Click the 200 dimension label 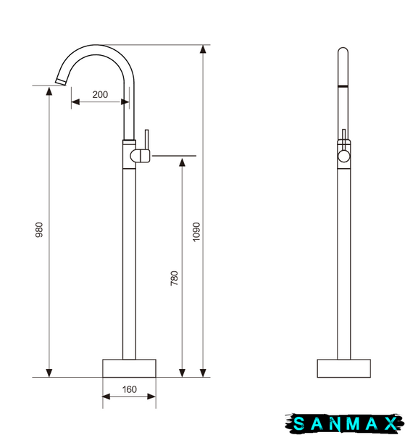point(100,94)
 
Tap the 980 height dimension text point(39,230)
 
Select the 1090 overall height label point(196,232)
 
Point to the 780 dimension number point(175,278)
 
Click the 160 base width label point(130,389)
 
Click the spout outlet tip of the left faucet point(60,82)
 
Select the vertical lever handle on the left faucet point(146,139)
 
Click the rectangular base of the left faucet point(129,368)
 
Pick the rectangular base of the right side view point(343,368)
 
